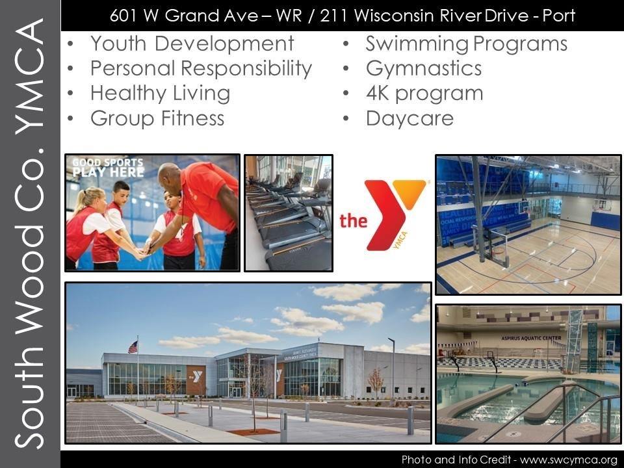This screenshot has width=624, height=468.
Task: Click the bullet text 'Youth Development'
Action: click(192, 44)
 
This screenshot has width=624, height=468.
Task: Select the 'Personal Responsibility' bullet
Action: click(201, 68)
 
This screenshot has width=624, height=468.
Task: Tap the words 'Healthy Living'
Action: click(160, 93)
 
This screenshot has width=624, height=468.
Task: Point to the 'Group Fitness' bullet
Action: click(157, 118)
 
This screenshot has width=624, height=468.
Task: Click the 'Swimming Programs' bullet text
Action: click(466, 44)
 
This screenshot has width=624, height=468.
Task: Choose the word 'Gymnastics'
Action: click(423, 68)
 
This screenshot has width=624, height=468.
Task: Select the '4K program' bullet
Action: click(424, 93)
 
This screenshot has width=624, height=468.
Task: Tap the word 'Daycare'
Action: click(409, 118)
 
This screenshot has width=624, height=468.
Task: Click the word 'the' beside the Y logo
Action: click(353, 222)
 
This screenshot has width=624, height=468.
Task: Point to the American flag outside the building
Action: click(133, 347)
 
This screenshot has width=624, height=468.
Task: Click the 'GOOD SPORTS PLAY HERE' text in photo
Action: click(107, 168)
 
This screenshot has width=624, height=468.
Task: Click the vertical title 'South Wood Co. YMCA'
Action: click(30, 234)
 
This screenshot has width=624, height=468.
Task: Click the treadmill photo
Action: click(288, 213)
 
